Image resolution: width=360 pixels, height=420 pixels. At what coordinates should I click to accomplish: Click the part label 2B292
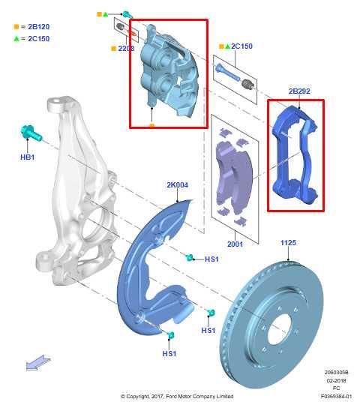click(x=299, y=91)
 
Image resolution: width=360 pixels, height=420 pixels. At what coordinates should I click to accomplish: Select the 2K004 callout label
click(x=178, y=184)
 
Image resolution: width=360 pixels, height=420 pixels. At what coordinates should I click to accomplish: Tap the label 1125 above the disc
click(x=289, y=243)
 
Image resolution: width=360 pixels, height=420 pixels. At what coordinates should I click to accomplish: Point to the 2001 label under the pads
click(x=235, y=244)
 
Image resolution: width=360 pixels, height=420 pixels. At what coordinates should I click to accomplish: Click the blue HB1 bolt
click(x=30, y=135)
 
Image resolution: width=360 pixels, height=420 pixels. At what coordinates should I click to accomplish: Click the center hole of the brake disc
click(x=279, y=328)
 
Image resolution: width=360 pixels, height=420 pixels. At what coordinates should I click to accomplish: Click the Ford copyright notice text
click(x=177, y=396)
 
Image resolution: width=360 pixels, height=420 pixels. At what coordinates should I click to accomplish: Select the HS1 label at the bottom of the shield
click(x=169, y=353)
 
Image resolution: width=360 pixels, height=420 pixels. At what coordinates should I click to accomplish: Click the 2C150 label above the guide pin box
click(x=241, y=46)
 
